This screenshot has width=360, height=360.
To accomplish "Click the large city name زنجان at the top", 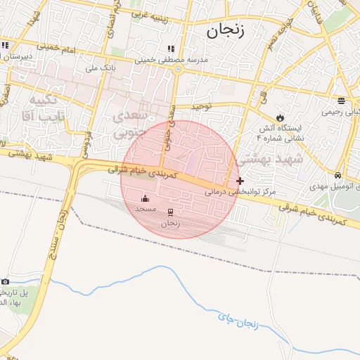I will pyautogui.click(x=224, y=30).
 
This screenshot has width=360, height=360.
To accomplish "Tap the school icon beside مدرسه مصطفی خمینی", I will pyautogui.click(x=170, y=49).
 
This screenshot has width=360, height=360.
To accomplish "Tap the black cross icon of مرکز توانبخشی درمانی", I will pyautogui.click(x=240, y=181).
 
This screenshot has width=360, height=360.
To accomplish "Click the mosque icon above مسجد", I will pyautogui.click(x=146, y=198).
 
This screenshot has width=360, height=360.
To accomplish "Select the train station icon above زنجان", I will pyautogui.click(x=170, y=212).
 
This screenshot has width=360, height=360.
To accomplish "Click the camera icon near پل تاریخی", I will pyautogui.click(x=6, y=282).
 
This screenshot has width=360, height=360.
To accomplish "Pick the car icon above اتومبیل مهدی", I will pyautogui.click(x=338, y=175).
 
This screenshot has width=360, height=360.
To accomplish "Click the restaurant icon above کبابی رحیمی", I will pyautogui.click(x=341, y=100).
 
